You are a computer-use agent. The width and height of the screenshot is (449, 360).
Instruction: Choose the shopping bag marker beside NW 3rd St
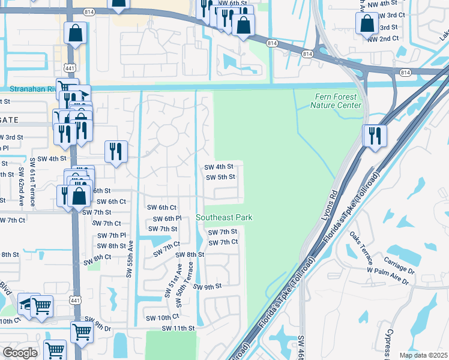(x=366, y=24)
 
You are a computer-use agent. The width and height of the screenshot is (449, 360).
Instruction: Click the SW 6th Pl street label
(x=167, y=219)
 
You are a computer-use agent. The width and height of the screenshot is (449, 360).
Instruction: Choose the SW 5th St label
(x=220, y=177)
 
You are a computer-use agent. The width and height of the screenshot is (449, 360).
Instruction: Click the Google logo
(x=20, y=352)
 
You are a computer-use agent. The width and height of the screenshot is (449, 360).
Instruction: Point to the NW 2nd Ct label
(x=383, y=38)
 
